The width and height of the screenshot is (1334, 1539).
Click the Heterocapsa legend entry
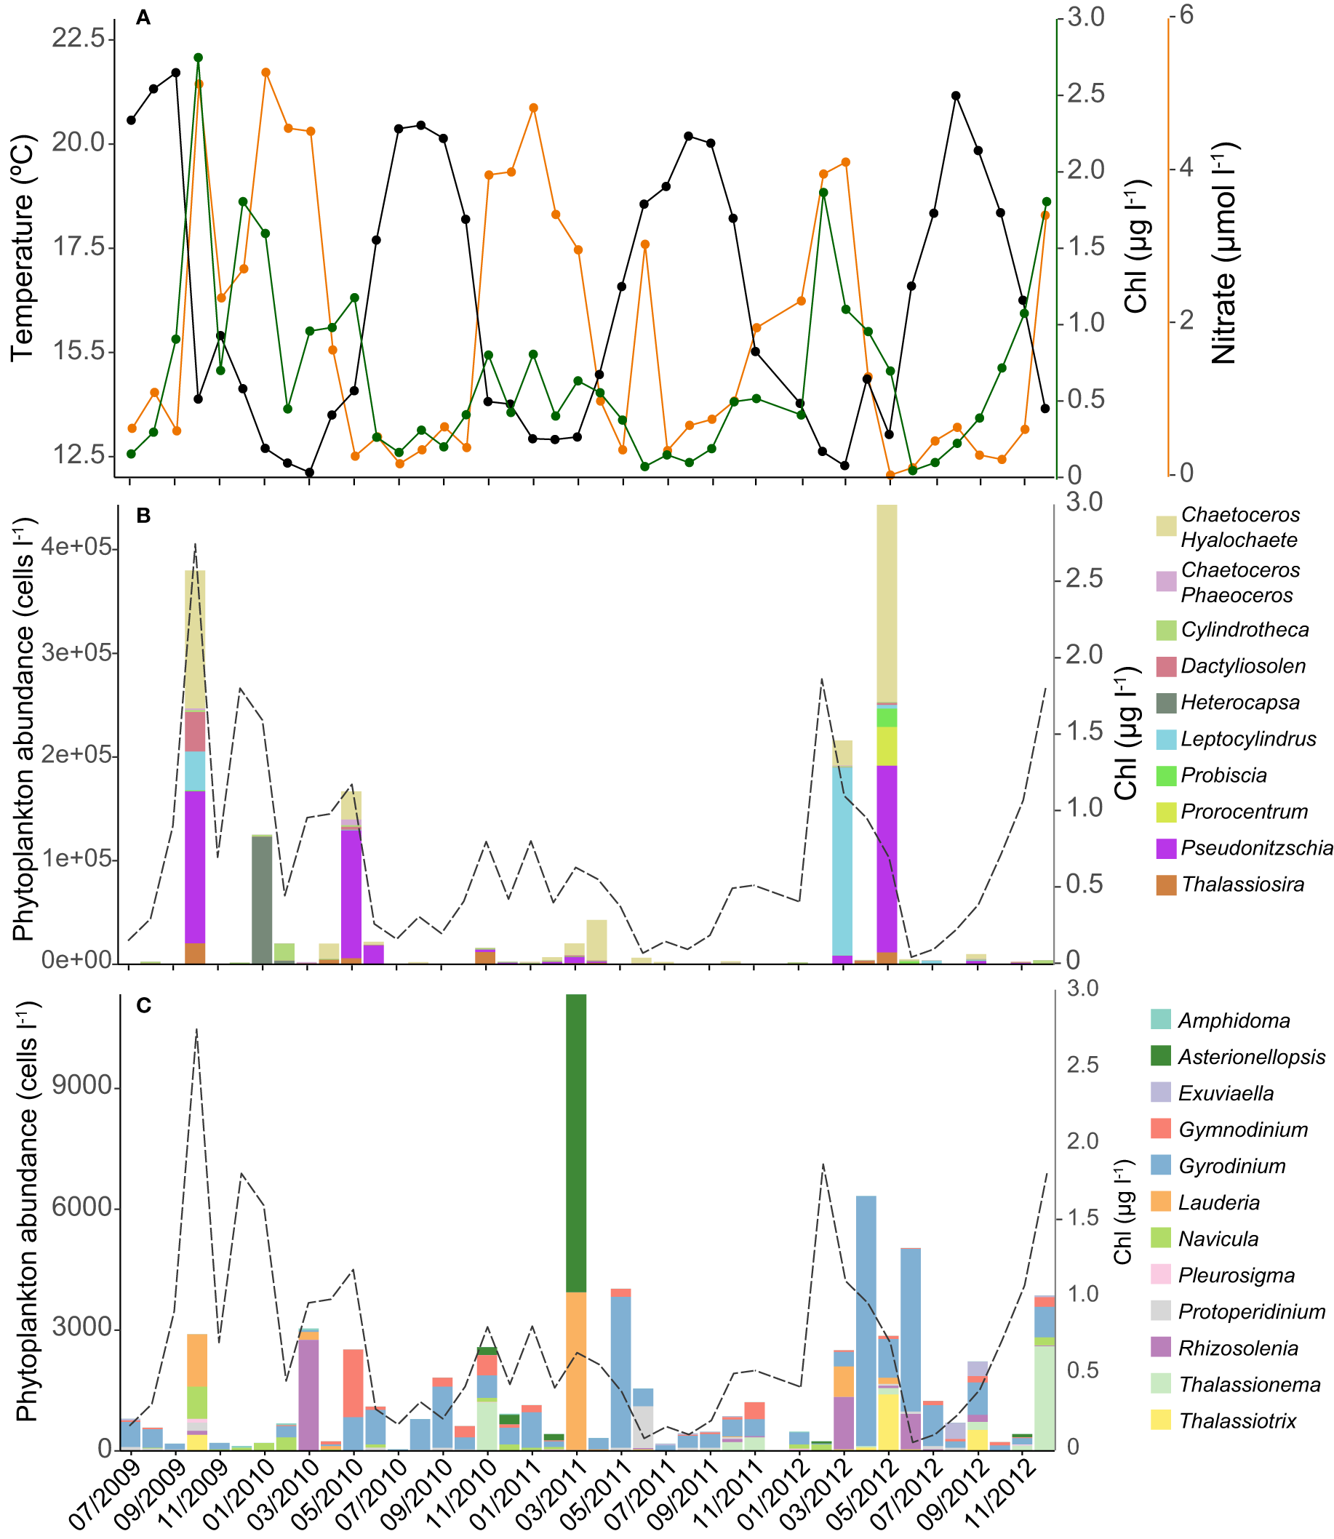pos(1239,703)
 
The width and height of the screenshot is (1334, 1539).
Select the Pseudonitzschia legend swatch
pos(1166,848)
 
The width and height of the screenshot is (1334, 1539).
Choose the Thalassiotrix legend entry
pos(1237,1420)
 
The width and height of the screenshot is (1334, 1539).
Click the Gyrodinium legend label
pos(1231,1166)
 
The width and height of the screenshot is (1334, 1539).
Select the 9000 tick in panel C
pos(82,1087)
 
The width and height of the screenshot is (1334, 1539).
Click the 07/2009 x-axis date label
pos(104,1492)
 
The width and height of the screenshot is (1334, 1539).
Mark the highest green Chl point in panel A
pos(198,57)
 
